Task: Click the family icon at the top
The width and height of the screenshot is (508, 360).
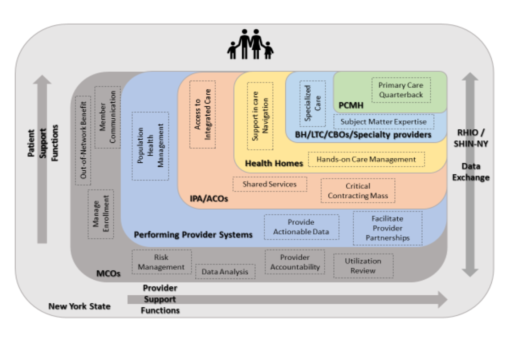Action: (x=251, y=44)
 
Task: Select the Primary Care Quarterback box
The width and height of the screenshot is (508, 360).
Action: (x=401, y=90)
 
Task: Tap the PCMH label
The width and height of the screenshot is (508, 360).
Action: (x=351, y=105)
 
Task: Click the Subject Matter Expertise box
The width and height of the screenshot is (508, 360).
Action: (x=384, y=122)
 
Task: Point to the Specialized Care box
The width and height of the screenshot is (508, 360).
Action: (x=313, y=104)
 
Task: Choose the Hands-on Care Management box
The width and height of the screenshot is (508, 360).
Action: (x=366, y=159)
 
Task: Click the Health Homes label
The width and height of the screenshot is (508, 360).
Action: (x=274, y=163)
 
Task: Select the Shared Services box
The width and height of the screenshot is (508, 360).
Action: (x=270, y=184)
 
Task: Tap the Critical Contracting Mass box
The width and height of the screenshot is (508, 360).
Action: (x=358, y=191)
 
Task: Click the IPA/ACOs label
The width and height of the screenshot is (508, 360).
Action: (x=209, y=199)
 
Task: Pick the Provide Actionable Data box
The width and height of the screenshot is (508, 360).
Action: (x=301, y=227)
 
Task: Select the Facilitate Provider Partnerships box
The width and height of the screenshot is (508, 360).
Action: (x=387, y=228)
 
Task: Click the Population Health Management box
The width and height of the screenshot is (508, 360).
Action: (x=150, y=146)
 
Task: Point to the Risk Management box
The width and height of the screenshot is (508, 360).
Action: (x=162, y=262)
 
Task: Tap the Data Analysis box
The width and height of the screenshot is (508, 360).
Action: (x=225, y=271)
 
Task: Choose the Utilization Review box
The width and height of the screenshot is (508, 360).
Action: (x=363, y=266)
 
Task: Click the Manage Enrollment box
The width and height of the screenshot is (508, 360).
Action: (x=101, y=214)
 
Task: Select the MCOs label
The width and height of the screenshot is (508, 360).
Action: (x=109, y=274)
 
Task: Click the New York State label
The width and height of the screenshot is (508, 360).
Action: (x=80, y=306)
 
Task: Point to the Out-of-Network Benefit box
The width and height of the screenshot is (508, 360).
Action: (x=83, y=141)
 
